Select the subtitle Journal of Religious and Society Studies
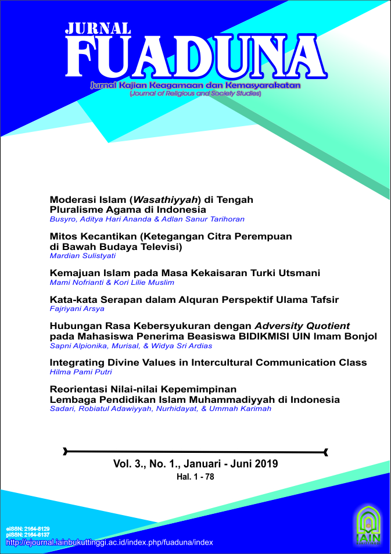pyautogui.click(x=195, y=93)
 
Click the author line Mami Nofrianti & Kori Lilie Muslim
pyautogui.click(x=112, y=283)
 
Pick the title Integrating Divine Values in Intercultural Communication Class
pyautogui.click(x=208, y=362)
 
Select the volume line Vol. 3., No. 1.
pyautogui.click(x=196, y=464)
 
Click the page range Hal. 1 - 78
pyautogui.click(x=196, y=477)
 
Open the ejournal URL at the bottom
pyautogui.click(x=109, y=542)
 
